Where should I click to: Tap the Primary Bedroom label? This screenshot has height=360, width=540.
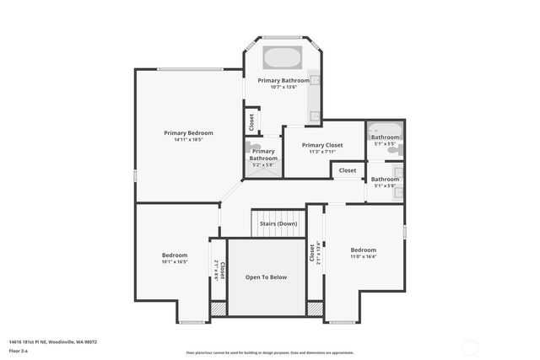pos(188,132)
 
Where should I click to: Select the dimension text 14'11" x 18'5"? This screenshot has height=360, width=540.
pos(188,139)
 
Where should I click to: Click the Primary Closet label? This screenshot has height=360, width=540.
pos(322,145)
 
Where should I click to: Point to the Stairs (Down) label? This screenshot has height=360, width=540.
pos(278,223)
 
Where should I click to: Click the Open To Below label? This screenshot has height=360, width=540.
pos(267,277)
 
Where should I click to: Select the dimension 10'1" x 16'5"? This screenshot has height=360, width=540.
pos(175,261)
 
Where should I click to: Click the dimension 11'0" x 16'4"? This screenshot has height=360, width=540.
pos(364,256)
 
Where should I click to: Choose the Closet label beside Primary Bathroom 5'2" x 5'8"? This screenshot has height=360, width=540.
pos(252,121)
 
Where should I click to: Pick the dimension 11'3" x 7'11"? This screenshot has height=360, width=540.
pos(322,152)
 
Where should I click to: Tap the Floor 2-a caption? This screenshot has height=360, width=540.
pos(19,350)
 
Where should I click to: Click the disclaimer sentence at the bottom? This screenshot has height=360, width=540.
pos(270,352)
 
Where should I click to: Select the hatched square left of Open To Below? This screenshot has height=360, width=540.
pos(218,309)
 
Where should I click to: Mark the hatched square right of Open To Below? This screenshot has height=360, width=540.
pos(315,309)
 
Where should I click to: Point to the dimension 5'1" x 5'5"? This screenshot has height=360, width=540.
pos(385,143)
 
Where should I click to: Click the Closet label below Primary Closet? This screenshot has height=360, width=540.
pos(348,170)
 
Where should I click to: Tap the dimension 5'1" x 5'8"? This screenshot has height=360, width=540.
pos(385,185)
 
